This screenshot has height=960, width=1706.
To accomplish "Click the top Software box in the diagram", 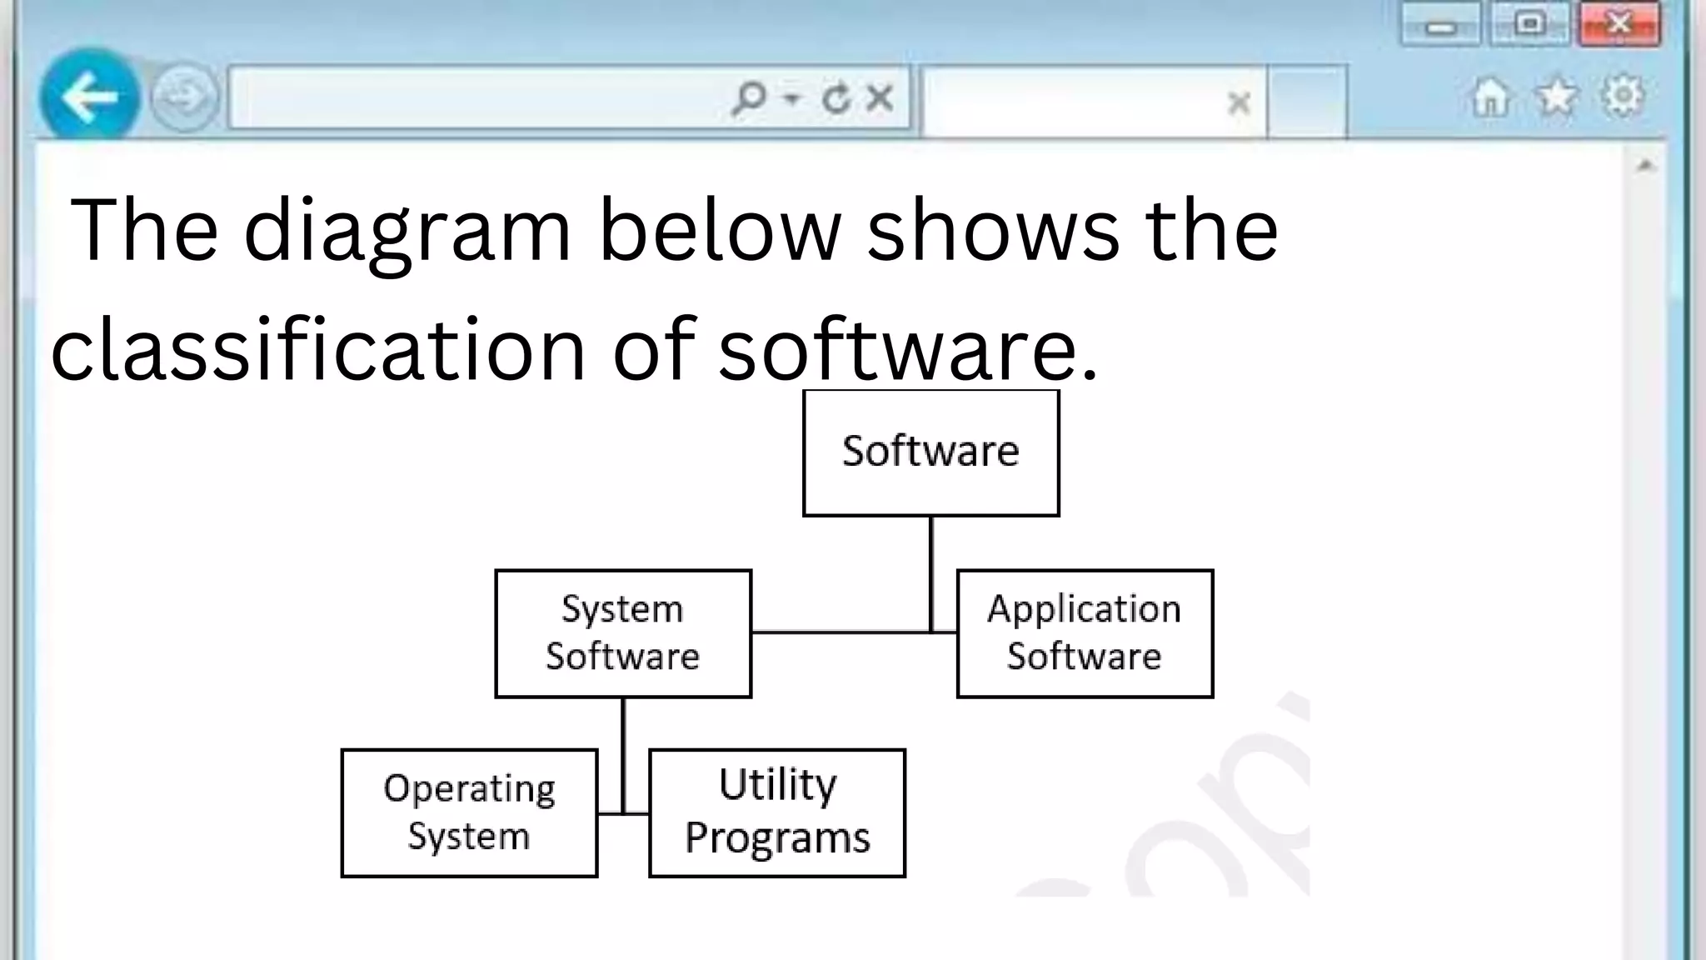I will tap(930, 452).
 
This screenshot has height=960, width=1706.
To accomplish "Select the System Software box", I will tap(623, 633).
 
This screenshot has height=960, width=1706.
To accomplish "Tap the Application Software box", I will tap(1085, 633).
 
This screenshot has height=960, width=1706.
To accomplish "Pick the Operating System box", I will tap(469, 812).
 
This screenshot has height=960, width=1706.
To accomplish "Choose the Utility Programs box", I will tap(776, 812).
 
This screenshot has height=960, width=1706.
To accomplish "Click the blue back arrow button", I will tap(90, 97).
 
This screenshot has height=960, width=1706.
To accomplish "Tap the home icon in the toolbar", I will tap(1490, 97).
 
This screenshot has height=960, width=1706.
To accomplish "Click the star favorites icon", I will tap(1556, 97).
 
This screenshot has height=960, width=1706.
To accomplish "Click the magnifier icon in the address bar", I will tap(749, 98).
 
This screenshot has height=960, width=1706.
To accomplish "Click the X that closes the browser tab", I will tap(1239, 102).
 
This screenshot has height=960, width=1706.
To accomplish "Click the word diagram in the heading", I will tap(407, 230).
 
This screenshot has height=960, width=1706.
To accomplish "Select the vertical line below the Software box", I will tap(930, 573).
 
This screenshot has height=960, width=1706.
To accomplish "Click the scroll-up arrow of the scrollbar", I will tap(1644, 166).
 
